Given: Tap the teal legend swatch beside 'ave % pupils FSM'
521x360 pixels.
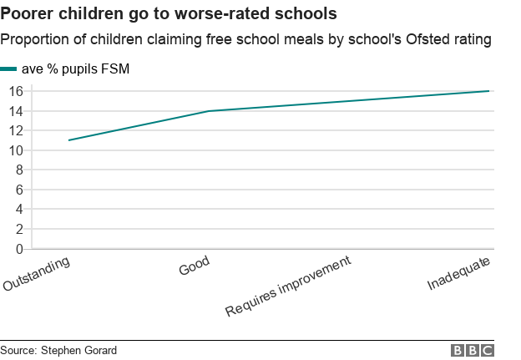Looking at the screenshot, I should coord(8,69).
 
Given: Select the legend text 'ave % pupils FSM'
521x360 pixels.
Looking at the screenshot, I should coord(75,69).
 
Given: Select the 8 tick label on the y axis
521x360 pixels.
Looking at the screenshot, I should coord(18,170).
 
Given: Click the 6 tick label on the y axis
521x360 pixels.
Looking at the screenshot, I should coord(18,190).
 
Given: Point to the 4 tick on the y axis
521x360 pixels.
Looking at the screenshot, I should coord(18,209).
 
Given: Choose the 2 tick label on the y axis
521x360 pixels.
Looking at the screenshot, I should coord(18,229).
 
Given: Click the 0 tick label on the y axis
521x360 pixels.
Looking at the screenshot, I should coord(18,248).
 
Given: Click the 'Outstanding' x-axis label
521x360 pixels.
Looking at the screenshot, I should coord(37,274).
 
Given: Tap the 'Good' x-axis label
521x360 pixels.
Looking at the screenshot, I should coord(194,266).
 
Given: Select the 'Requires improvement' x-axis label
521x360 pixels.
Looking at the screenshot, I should coord(288,286).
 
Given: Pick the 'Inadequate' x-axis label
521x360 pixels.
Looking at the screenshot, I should coord(458,273).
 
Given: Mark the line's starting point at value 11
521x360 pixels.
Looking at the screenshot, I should coord(69,140).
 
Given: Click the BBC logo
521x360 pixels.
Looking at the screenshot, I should coord(473,351).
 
